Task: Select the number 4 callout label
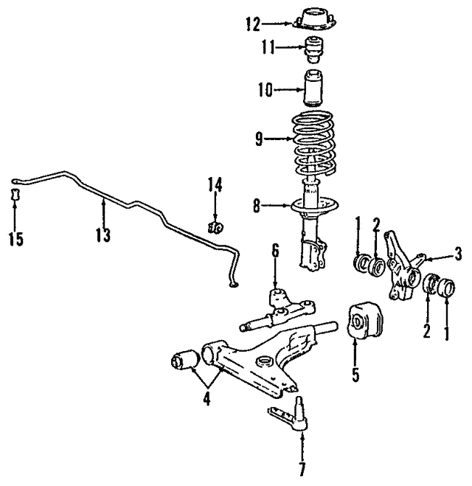pyautogui.click(x=206, y=400)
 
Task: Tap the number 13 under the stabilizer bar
pyautogui.click(x=103, y=235)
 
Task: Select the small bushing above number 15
pyautogui.click(x=16, y=197)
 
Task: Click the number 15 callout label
pyautogui.click(x=15, y=238)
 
